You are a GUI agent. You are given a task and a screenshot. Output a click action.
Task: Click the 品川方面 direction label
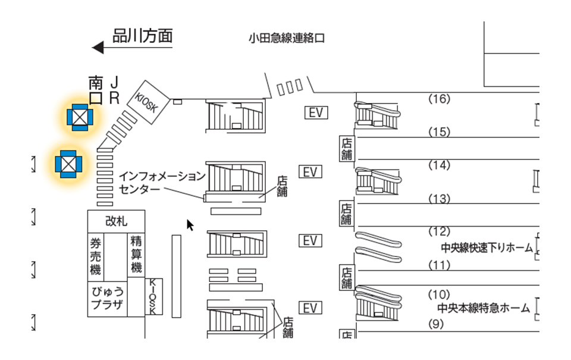coord(143,36)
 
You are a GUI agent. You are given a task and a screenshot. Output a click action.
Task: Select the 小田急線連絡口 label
coord(287,39)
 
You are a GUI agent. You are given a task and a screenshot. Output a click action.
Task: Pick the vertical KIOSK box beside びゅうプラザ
coord(153,296)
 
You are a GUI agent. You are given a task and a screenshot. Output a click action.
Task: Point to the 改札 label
coord(116,221)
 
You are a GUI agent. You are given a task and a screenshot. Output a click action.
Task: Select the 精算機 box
coord(136,254)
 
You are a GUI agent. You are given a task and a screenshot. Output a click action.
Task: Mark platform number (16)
coord(439,99)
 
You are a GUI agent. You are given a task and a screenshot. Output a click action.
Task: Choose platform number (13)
coord(439,199)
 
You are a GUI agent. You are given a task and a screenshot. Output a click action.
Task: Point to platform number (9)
coord(437,324)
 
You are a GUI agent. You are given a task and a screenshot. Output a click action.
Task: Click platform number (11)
coord(439,265)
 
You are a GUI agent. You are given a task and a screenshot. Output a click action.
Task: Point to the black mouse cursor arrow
coord(190,225)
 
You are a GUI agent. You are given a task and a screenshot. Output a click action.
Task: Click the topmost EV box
coord(316,112)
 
